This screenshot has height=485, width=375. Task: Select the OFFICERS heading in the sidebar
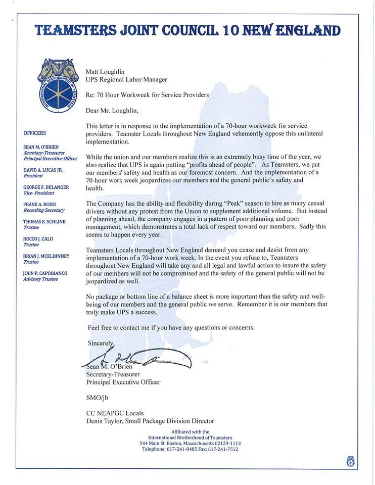pos(34,133)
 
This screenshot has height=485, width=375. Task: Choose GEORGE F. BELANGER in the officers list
pos(46,187)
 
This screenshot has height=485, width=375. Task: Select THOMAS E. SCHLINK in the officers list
pos(44,222)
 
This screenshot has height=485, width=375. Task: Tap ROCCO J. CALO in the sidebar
pos(38,239)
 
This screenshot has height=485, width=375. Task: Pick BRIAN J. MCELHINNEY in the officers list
pos(46,256)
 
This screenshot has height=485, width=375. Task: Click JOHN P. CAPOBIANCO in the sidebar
pos(45,273)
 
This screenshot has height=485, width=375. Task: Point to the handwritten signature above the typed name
pos(136,358)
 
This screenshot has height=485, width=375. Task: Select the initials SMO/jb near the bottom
pos(98,398)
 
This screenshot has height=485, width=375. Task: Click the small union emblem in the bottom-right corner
pos(351,461)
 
